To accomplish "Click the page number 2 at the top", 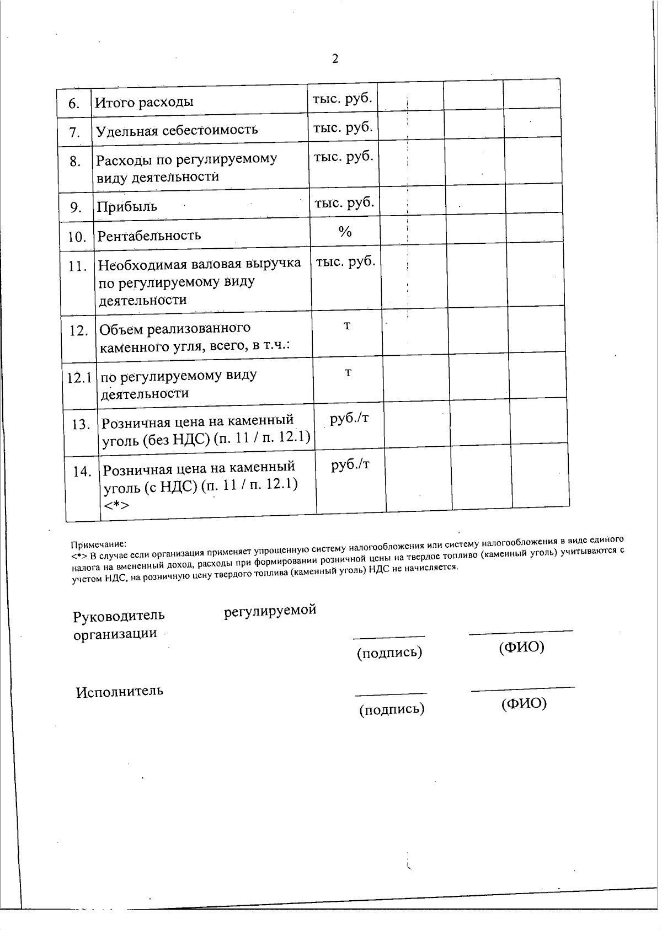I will [335, 59].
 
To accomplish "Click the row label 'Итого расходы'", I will [144, 102].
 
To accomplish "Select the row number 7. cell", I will [75, 132].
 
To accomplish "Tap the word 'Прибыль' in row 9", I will [127, 207].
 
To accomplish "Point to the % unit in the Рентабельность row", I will [345, 232].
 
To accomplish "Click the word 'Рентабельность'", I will [149, 236].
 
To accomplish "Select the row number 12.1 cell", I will [79, 378].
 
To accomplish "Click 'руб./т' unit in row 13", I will [349, 418].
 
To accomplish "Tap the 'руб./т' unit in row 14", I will [350, 465].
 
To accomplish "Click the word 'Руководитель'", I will [119, 615].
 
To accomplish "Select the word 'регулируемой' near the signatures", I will [270, 611].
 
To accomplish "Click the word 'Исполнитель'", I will [120, 691].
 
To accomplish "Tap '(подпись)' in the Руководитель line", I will [389, 653].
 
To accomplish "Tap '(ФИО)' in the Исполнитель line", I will [524, 703].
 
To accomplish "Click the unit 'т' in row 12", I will [347, 325].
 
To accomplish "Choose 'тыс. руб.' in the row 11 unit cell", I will [345, 261].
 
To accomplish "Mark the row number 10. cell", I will [77, 237].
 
